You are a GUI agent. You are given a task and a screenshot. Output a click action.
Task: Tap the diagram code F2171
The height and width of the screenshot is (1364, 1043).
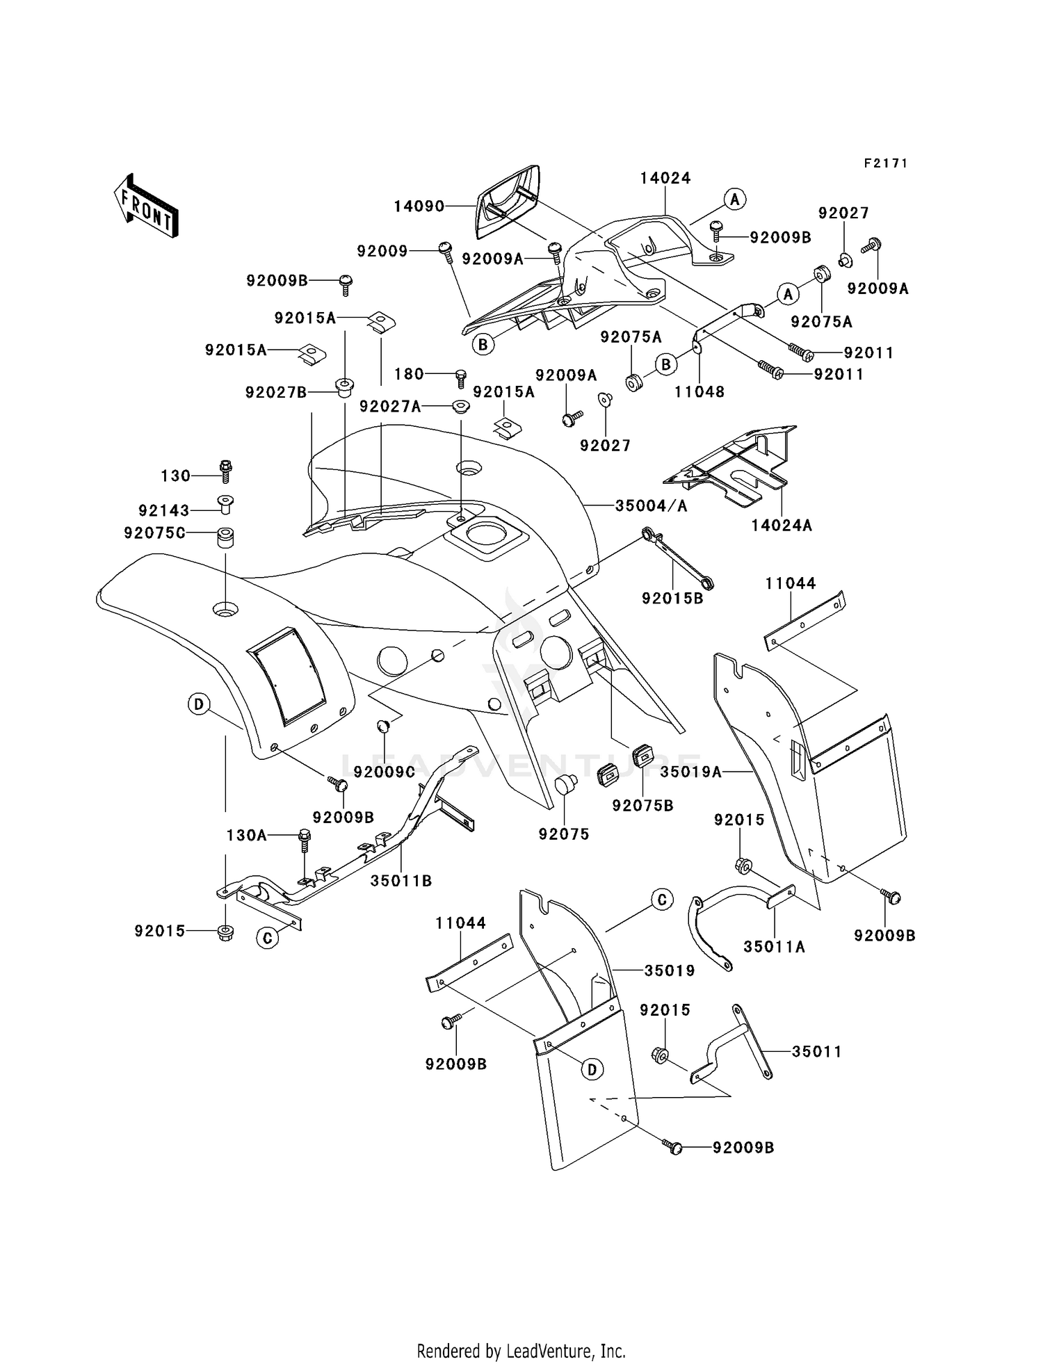(886, 163)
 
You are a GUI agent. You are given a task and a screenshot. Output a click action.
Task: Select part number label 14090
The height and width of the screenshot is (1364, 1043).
(419, 206)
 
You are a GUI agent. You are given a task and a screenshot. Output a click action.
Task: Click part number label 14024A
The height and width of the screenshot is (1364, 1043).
(782, 526)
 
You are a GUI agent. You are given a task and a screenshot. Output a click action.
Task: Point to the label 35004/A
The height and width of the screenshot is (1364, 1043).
(651, 506)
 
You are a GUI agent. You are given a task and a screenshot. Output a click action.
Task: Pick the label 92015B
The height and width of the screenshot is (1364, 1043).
(672, 598)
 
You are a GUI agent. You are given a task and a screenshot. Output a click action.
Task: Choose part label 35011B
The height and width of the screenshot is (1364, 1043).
(401, 881)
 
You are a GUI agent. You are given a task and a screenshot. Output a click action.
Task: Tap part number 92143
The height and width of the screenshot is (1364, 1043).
(164, 510)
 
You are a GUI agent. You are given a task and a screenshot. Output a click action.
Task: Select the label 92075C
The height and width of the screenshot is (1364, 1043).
(155, 533)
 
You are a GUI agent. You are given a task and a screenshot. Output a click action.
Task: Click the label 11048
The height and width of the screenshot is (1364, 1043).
(700, 391)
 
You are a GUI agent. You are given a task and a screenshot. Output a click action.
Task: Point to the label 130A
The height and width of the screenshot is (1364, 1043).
(247, 835)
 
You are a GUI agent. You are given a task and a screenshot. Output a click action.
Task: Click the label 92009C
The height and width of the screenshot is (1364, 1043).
(385, 772)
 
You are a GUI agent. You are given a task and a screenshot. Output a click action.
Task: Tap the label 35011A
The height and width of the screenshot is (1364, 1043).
(775, 946)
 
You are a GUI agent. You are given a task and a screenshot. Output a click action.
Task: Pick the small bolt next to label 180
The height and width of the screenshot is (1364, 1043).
(460, 378)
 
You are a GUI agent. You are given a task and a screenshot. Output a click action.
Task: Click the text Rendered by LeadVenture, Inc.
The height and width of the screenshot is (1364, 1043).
(521, 1351)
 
